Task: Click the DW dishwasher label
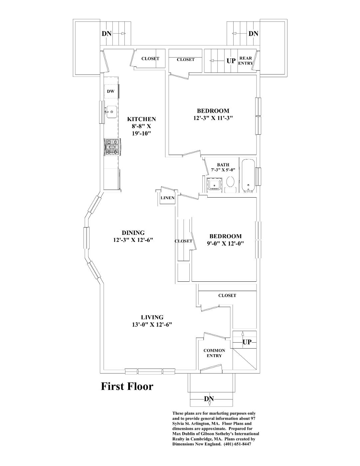tap(110, 91)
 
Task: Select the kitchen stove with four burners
tap(111, 147)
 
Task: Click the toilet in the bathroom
tap(230, 183)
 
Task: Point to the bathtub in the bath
tap(248, 176)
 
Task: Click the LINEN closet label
tap(168, 198)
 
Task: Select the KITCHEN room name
tap(141, 119)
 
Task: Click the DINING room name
tap(133, 233)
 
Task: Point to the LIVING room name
tap(152, 317)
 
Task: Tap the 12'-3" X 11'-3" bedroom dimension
tap(213, 118)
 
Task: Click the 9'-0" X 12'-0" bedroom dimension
tap(225, 243)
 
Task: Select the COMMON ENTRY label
tap(214, 353)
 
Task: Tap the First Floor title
tap(127, 387)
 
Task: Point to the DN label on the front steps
tap(209, 399)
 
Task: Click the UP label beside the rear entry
tap(231, 61)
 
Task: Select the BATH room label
tap(223, 165)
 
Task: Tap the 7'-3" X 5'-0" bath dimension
tap(223, 170)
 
